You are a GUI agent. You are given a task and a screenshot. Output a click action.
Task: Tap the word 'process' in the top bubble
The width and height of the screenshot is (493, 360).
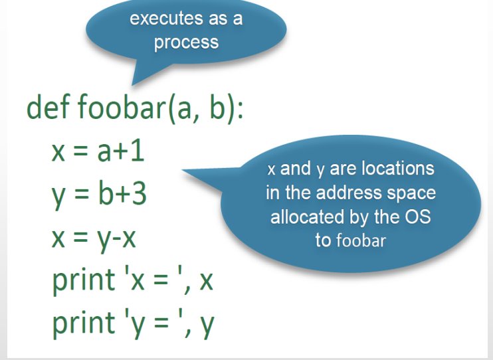click(x=186, y=43)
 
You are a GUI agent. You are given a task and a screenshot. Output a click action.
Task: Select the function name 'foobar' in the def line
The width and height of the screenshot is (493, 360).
click(x=122, y=107)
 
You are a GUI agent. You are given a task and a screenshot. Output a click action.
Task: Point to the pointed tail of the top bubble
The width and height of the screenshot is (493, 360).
click(x=132, y=84)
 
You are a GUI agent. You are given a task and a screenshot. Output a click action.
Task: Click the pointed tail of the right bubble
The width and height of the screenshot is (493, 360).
click(x=183, y=170)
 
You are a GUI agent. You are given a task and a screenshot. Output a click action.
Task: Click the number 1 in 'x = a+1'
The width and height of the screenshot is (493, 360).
click(x=138, y=151)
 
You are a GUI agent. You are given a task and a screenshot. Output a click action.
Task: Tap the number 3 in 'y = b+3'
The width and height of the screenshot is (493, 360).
click(x=140, y=194)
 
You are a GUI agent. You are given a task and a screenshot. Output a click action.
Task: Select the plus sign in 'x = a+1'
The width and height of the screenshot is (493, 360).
click(x=121, y=153)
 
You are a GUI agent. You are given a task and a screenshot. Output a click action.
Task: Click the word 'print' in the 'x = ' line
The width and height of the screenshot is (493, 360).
click(x=84, y=280)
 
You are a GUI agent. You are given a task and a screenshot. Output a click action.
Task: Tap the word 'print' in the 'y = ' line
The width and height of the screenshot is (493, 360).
click(x=84, y=323)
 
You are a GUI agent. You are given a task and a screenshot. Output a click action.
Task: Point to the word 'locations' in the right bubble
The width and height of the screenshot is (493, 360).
click(x=398, y=169)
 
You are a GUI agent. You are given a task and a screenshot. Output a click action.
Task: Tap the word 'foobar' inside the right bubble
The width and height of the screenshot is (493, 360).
click(x=361, y=240)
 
